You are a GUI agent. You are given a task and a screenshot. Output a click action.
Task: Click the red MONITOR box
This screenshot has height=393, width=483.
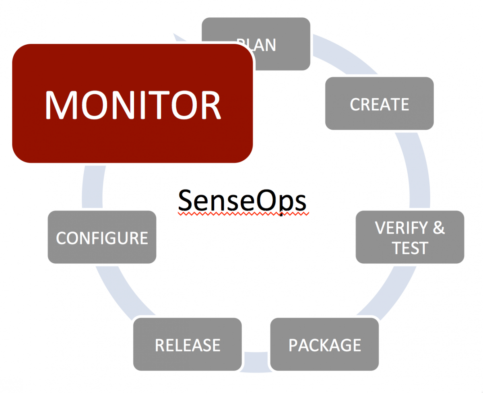pyautogui.click(x=132, y=103)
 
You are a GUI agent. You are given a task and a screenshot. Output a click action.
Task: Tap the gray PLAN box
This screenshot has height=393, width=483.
pyautogui.click(x=282, y=44)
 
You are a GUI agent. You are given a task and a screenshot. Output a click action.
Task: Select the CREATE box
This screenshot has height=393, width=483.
pyautogui.click(x=379, y=104)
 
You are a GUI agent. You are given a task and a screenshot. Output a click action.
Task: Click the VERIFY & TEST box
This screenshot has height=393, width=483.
pyautogui.click(x=410, y=237)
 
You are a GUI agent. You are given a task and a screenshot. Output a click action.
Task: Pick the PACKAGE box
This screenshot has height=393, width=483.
pyautogui.click(x=324, y=345)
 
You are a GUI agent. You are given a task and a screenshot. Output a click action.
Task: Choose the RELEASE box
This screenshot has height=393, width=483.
pyautogui.click(x=188, y=345)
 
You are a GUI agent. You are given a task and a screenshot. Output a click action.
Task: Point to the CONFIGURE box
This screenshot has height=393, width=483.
pyautogui.click(x=102, y=238)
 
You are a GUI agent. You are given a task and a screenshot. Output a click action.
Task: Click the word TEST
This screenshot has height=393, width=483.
pyautogui.click(x=410, y=248)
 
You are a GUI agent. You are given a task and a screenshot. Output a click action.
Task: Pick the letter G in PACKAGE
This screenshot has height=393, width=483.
pyautogui.click(x=341, y=345)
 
